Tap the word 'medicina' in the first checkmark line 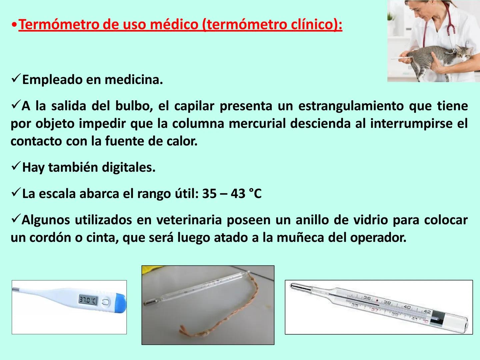[x=133, y=80]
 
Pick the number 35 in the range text [x=209, y=194]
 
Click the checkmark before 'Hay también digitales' [x=16, y=166]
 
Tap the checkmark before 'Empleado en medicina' [x=16, y=79]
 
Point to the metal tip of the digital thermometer [x=16, y=289]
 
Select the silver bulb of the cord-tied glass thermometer [x=149, y=302]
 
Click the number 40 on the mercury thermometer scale [x=407, y=307]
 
